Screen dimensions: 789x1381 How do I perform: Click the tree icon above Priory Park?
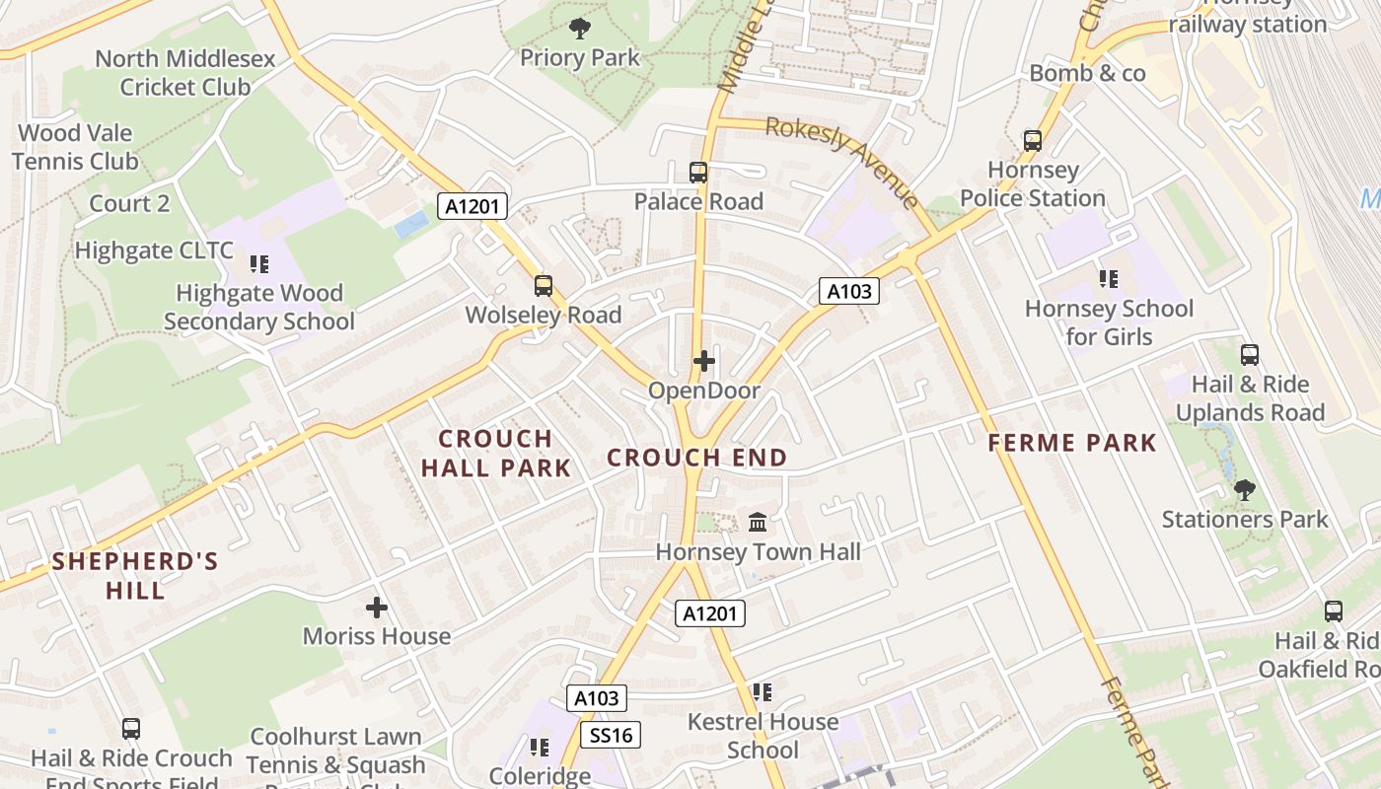coord(580,29)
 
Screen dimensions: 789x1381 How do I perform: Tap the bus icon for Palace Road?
coord(698,173)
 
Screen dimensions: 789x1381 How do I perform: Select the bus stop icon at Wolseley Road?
coord(543,286)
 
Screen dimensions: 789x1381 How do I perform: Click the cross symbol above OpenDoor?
coord(703,361)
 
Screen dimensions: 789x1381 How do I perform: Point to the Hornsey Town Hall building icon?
coord(758,522)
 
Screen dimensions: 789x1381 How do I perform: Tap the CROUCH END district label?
coord(696,458)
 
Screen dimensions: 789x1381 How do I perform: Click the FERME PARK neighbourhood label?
coord(1072,443)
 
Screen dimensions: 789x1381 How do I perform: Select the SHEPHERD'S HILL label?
coord(135,576)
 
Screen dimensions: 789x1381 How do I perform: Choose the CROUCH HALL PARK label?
coord(496,453)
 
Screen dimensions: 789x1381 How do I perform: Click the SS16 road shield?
coord(611,735)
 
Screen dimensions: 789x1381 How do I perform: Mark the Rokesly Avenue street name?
coord(841,160)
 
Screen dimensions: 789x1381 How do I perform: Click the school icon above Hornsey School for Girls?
coord(1109,279)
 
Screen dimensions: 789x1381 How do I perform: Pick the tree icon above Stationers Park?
coord(1245,489)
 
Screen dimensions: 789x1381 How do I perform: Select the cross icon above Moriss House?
coord(376,608)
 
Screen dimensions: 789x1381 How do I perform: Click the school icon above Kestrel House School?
coord(762,692)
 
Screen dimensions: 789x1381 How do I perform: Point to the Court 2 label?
coord(129,203)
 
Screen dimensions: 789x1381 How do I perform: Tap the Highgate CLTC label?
coord(154,251)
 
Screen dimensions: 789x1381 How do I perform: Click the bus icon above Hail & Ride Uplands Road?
coord(1250,355)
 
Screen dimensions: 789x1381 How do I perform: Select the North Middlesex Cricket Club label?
coord(185,73)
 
